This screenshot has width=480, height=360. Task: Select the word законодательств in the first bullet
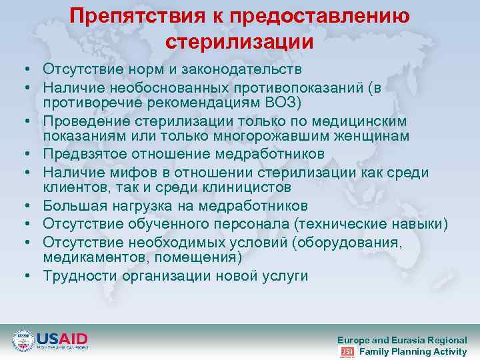tap(247, 69)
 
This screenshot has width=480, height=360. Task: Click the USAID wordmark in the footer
tap(61, 338)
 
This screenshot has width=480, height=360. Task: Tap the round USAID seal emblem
tap(23, 341)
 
